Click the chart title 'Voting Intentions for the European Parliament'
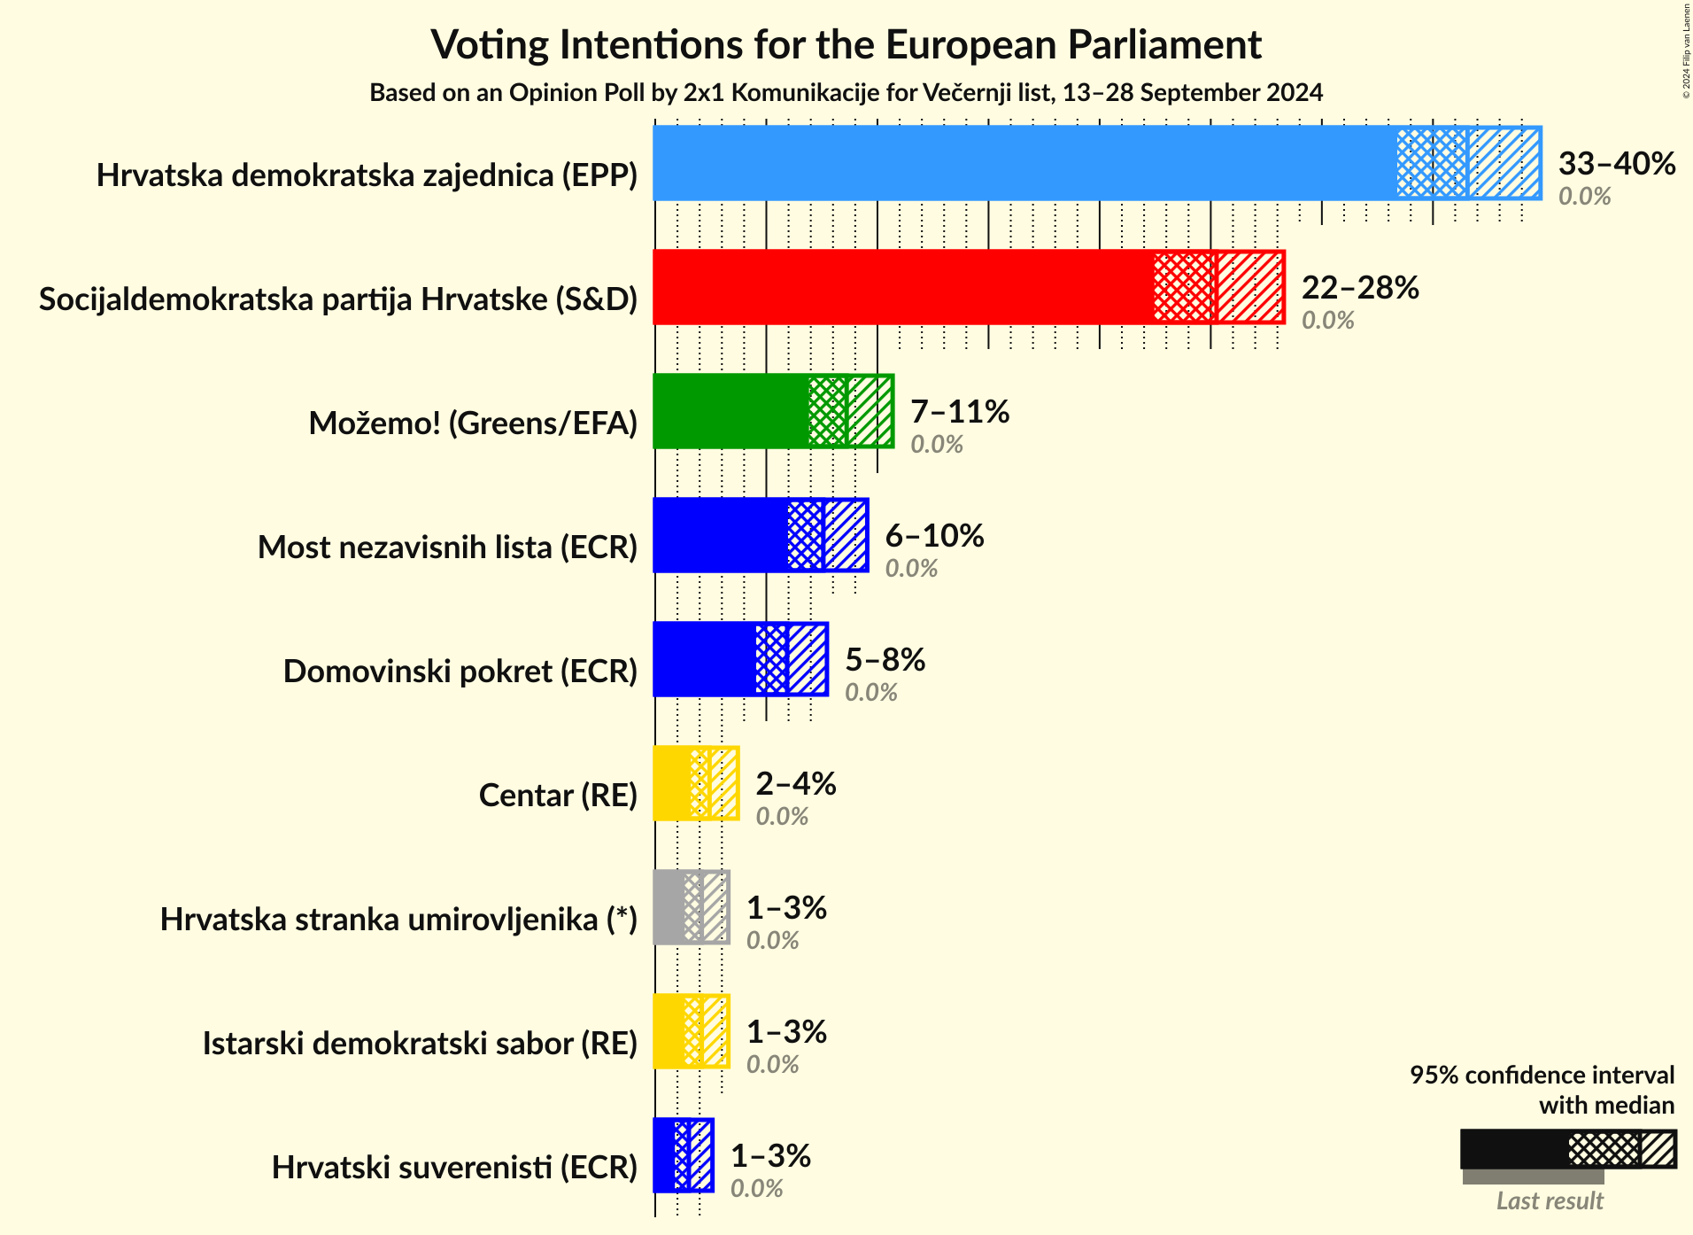846,45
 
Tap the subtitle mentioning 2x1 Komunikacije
846,93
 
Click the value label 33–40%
1616,164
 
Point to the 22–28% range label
1359,288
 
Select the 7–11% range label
959,412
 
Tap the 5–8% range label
885,660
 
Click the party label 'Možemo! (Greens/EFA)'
473,423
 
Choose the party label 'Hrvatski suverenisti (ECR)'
454,1168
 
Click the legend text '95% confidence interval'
1542,1076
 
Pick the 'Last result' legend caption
1549,1201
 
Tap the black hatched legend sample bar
1567,1149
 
